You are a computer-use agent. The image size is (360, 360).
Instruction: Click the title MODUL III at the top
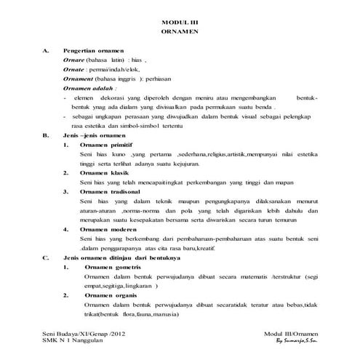[x=179, y=23]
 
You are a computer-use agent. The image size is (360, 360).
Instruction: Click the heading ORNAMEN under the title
[x=179, y=33]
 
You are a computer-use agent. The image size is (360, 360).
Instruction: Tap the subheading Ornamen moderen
[x=110, y=229]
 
